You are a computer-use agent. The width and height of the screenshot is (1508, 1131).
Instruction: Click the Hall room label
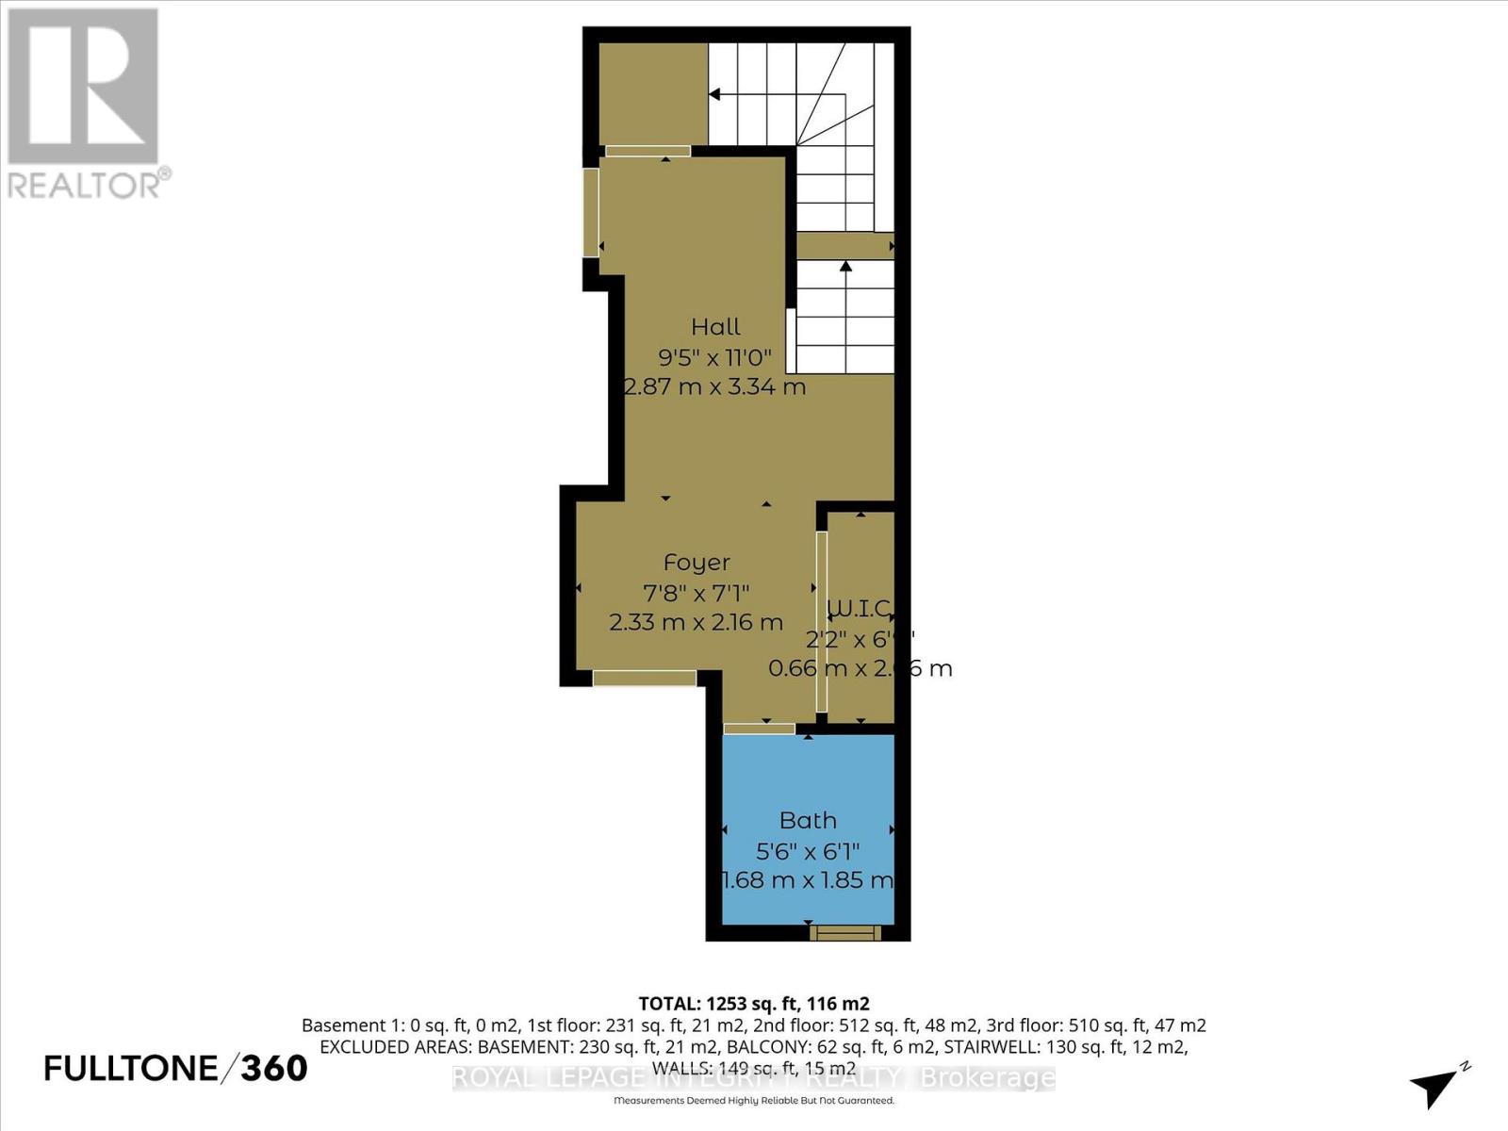[x=715, y=327]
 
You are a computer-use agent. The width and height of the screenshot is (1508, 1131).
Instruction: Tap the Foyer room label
[x=697, y=563]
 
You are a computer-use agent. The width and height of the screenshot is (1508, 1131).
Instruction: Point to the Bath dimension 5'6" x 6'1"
[x=808, y=852]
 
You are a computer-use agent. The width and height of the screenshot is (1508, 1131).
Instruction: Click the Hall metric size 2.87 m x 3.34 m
[x=715, y=386]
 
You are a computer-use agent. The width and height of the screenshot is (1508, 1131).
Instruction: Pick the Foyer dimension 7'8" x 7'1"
[x=697, y=593]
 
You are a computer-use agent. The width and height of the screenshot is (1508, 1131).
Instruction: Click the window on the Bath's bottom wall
[x=845, y=933]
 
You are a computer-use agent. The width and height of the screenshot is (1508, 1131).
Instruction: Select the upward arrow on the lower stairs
[x=845, y=268]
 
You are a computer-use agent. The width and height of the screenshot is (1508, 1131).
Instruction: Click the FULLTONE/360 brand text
[x=176, y=1068]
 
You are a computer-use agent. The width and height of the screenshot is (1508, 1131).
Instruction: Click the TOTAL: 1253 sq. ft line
[x=753, y=1004]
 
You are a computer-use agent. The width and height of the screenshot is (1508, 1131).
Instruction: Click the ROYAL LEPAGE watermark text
[x=753, y=1077]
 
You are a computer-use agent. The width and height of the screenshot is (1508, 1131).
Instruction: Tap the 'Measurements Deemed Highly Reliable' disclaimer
[x=753, y=1101]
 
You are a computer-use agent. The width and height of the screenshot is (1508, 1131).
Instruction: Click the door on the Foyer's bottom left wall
[x=645, y=678]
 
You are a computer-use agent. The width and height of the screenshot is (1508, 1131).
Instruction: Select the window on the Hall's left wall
[x=591, y=212]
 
